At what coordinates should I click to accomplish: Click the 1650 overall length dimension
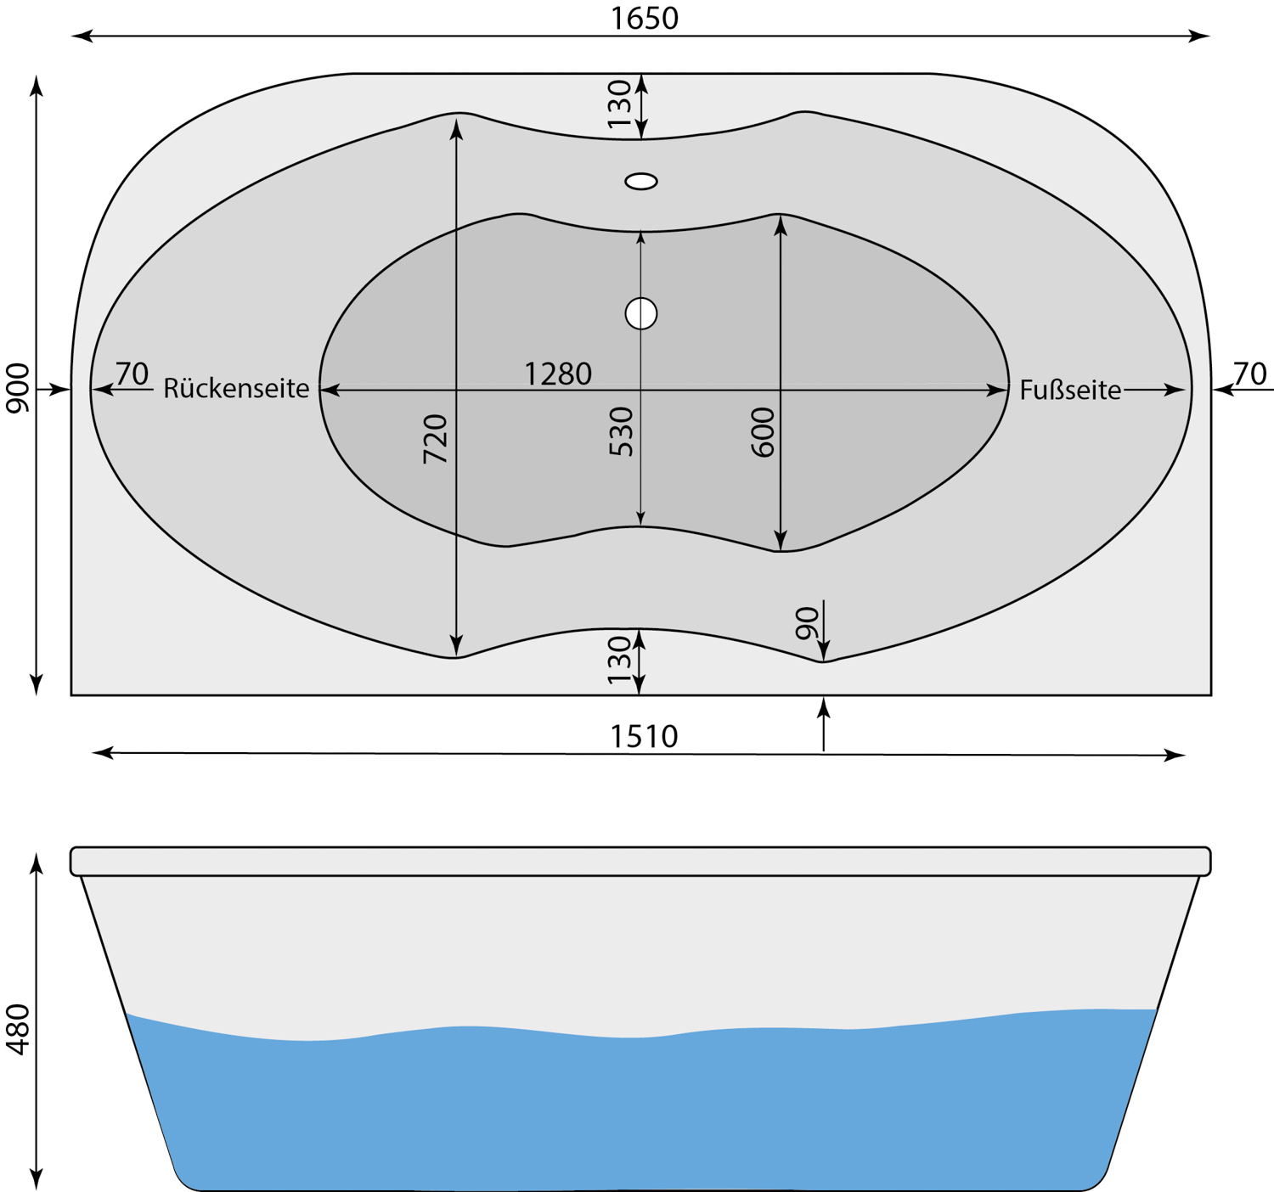point(644,18)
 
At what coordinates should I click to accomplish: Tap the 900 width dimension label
point(18,387)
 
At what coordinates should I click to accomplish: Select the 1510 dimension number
point(644,736)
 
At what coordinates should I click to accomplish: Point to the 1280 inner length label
point(558,374)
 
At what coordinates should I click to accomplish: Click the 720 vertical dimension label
point(435,439)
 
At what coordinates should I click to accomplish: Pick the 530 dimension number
point(621,431)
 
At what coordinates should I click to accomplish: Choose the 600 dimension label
point(763,432)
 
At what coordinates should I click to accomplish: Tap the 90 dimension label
point(807,623)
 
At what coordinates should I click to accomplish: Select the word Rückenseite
point(236,389)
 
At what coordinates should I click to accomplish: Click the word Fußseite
point(1071,390)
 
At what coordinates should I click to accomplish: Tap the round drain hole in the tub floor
point(641,314)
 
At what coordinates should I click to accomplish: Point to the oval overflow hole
point(641,182)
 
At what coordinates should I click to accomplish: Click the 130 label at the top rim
point(620,104)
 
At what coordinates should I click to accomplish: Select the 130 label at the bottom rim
point(620,661)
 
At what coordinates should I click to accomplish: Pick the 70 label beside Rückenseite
point(132,374)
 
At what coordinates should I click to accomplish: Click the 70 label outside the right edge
point(1250,374)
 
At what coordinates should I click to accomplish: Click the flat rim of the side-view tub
point(640,861)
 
